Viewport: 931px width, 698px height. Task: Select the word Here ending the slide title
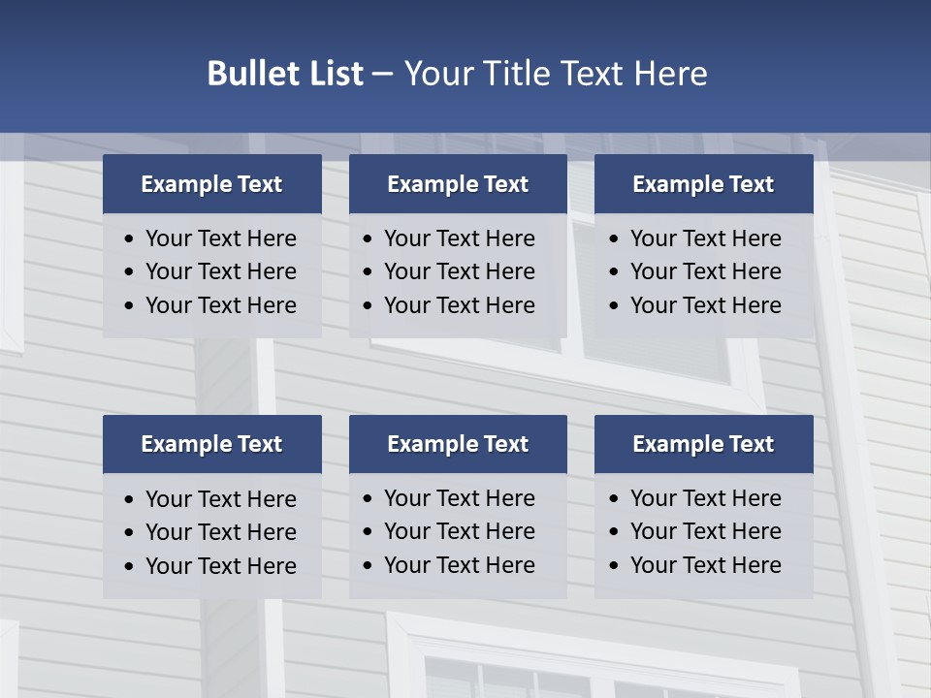[x=670, y=74]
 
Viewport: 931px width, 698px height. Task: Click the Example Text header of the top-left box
[x=211, y=184]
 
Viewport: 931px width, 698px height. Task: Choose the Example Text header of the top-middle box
[x=458, y=184]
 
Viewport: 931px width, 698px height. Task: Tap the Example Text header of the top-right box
[x=703, y=184]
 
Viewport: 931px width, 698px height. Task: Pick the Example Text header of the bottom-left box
[x=211, y=444]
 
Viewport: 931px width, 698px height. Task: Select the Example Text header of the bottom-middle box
[x=458, y=444]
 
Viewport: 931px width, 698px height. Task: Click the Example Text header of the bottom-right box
[x=703, y=444]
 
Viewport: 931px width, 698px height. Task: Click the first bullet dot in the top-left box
[x=130, y=239]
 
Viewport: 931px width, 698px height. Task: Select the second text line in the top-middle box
[x=459, y=271]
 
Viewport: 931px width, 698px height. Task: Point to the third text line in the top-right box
[x=705, y=305]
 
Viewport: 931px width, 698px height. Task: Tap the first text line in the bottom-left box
[x=220, y=499]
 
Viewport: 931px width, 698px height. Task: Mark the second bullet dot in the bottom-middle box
[x=369, y=532]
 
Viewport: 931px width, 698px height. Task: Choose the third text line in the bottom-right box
[x=705, y=565]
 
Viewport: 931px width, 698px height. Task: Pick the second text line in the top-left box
[x=220, y=271]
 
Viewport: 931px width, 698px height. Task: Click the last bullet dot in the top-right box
[x=615, y=306]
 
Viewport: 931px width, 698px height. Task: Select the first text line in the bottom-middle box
[x=459, y=498]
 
